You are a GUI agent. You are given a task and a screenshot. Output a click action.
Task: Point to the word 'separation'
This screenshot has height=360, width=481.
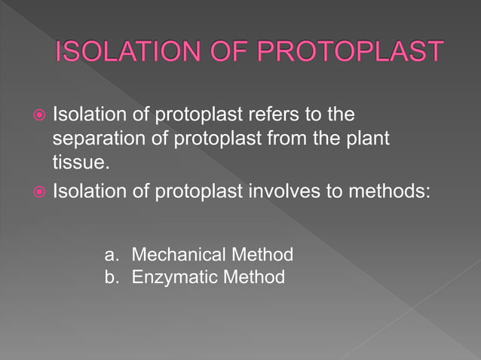tap(93, 139)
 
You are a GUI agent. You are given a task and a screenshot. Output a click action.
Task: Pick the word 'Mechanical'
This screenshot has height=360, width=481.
tap(170, 255)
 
